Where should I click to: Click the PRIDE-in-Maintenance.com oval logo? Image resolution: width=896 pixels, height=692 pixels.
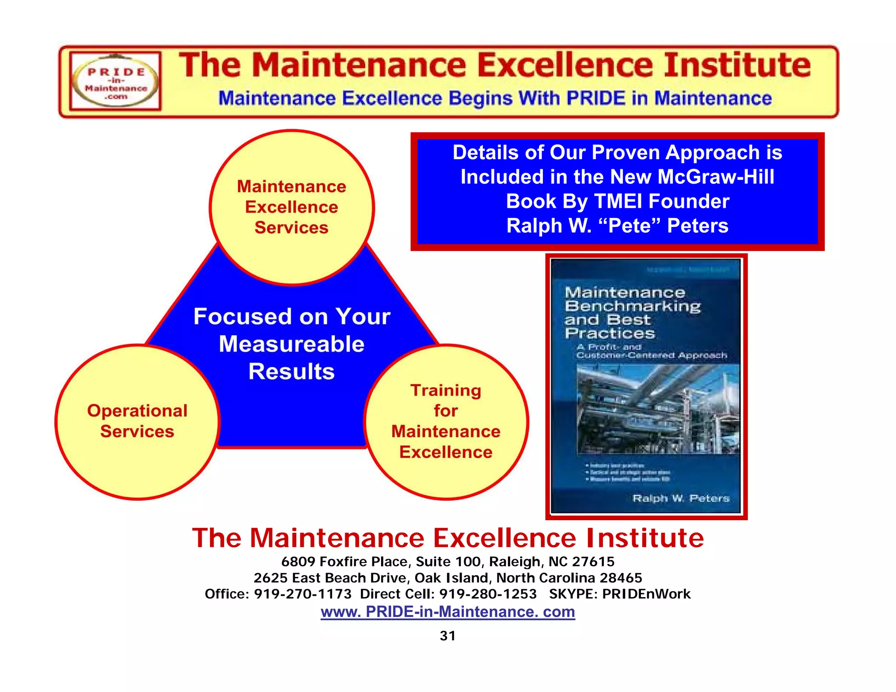point(115,81)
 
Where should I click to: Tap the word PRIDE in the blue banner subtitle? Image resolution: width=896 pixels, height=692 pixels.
point(595,98)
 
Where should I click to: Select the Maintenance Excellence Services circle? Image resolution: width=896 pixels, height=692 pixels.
point(291,207)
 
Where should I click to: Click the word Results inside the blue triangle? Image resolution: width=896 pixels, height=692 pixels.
point(291,371)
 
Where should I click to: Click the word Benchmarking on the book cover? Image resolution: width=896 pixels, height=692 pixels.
point(633,306)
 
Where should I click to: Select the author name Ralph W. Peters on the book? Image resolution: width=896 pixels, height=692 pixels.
point(681,498)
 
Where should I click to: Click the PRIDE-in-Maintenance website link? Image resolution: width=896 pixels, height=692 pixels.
point(448,612)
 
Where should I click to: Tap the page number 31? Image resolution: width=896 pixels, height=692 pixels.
point(448,636)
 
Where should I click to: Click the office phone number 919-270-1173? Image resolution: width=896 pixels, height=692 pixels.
point(303,594)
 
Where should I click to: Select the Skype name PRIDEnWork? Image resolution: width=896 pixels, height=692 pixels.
point(646,594)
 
